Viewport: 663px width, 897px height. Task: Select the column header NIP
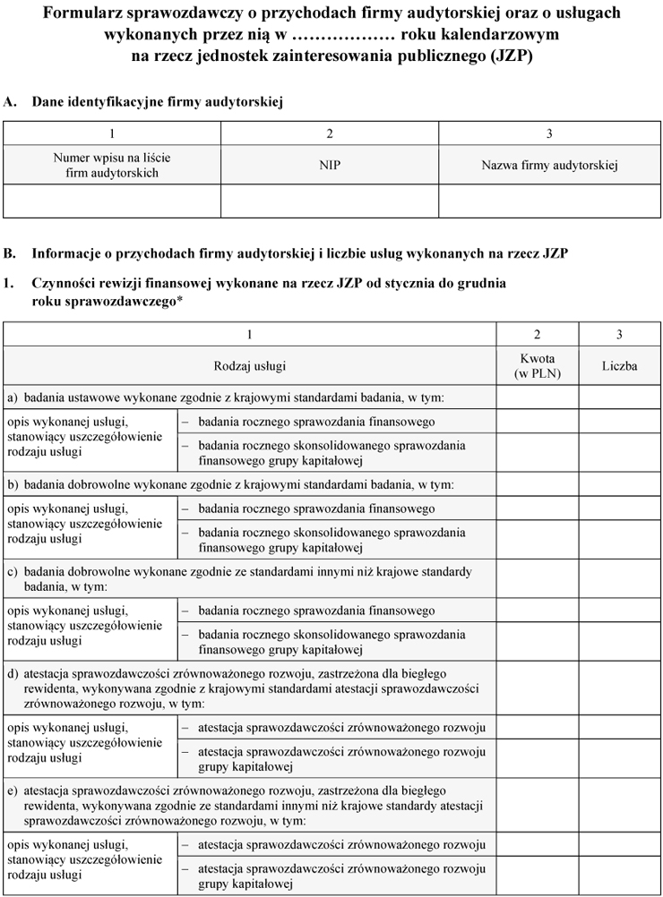click(x=330, y=166)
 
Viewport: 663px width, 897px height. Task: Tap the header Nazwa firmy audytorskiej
click(x=549, y=166)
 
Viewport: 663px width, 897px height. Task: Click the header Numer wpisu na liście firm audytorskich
click(x=112, y=166)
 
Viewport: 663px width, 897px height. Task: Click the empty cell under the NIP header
click(x=330, y=201)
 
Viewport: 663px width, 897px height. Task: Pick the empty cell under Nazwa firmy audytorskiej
click(x=549, y=201)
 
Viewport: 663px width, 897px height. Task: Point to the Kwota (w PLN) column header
click(x=537, y=366)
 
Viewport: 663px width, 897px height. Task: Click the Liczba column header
click(x=619, y=366)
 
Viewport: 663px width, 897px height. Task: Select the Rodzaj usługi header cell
click(x=250, y=366)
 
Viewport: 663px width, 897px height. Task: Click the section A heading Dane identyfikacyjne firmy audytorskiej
click(x=158, y=103)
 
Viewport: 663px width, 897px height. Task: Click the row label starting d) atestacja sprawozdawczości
click(x=242, y=688)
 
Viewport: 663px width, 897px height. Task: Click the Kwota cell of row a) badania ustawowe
click(x=537, y=397)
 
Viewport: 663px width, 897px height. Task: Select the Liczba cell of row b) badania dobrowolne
click(x=619, y=484)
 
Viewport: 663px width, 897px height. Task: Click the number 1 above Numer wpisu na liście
click(x=112, y=133)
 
